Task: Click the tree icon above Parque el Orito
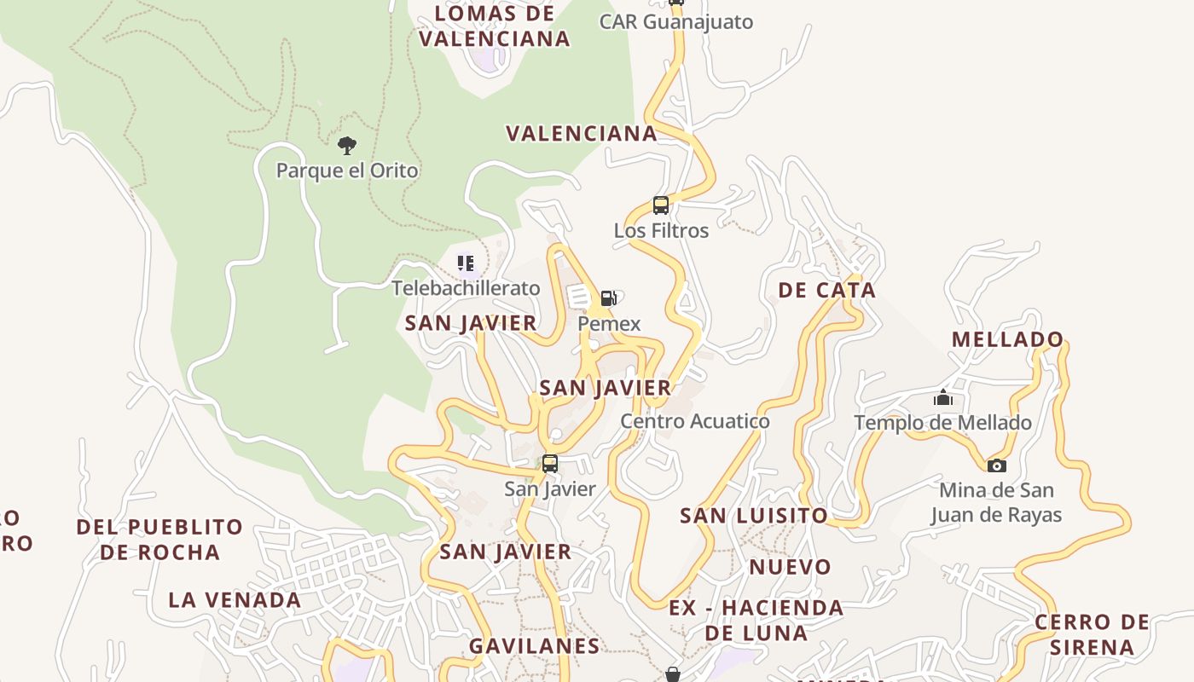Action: tap(346, 145)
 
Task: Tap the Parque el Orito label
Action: tap(347, 170)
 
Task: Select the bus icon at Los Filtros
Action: tap(661, 205)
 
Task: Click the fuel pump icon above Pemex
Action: tap(608, 298)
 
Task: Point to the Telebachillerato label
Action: tap(466, 288)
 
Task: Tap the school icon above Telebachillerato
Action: tap(466, 263)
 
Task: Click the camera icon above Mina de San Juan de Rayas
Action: tap(996, 465)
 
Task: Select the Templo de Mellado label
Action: tap(942, 423)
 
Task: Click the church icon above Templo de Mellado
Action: tap(942, 397)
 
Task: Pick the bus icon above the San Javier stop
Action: tap(550, 464)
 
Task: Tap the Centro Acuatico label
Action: tap(694, 421)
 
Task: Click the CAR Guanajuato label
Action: tap(676, 21)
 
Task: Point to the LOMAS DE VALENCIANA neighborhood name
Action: tap(495, 26)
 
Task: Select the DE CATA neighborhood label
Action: tap(826, 290)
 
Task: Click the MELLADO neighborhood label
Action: tap(1007, 339)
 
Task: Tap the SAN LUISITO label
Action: tap(753, 516)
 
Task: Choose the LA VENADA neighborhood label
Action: tap(235, 600)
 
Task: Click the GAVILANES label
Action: tap(535, 646)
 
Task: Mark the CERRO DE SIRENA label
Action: tap(1092, 634)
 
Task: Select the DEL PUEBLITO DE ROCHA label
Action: tap(159, 540)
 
